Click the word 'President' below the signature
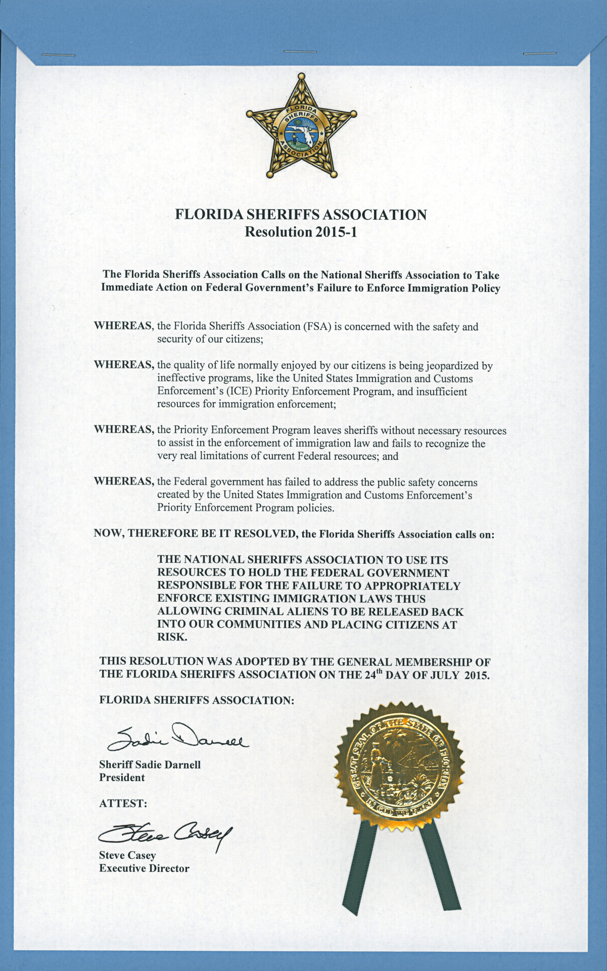pyautogui.click(x=122, y=778)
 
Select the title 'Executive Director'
pyautogui.click(x=144, y=869)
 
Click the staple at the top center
pyautogui.click(x=300, y=51)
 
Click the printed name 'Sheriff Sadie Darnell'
pyautogui.click(x=150, y=764)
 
